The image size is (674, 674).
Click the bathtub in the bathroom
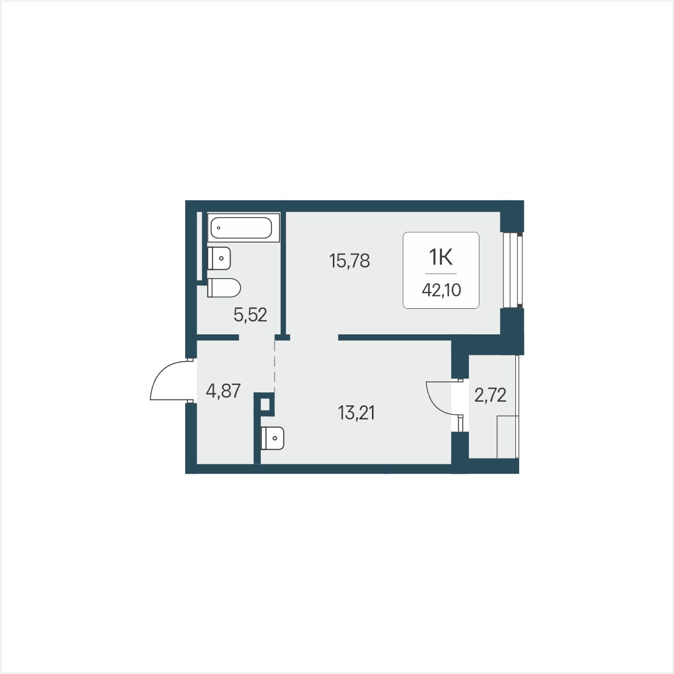coord(244,227)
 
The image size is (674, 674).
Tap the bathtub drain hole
coord(219,227)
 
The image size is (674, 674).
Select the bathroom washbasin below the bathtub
coord(219,258)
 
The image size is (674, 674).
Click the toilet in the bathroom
coord(224,288)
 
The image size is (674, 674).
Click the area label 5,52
coord(250,315)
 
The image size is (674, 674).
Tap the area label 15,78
coord(350,261)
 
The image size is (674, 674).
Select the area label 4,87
coord(223,391)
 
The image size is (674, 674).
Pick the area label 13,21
coord(356,413)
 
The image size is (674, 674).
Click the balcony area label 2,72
coord(490,395)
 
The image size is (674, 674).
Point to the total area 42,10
coord(441,290)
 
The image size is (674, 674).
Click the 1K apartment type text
coord(441,258)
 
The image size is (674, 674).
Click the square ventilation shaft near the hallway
coord(265,404)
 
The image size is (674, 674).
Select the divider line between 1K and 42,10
coord(441,273)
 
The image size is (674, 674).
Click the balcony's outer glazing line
coord(517,407)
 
